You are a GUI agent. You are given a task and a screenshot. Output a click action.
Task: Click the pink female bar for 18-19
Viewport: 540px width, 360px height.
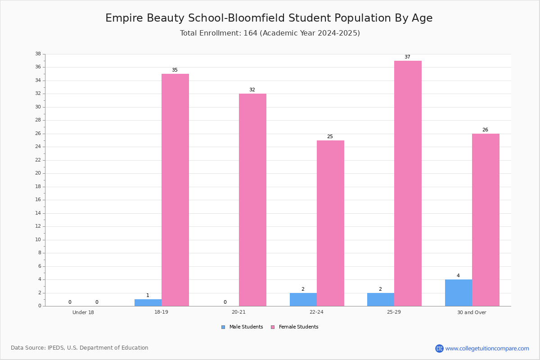(175, 190)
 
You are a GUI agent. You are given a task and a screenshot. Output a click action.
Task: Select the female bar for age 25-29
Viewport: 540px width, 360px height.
(408, 184)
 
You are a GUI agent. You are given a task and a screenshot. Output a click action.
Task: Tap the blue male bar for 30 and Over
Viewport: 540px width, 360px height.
(459, 293)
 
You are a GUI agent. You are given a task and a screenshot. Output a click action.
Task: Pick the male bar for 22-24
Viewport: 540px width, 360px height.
(303, 300)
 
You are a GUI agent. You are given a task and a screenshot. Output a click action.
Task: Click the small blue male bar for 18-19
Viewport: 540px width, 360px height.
(148, 303)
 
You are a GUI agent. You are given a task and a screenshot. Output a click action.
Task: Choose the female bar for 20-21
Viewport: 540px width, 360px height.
(252, 200)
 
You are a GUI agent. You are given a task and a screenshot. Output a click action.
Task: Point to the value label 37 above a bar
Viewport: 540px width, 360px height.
(407, 57)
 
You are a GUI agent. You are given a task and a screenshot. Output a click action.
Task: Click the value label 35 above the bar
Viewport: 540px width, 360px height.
(175, 70)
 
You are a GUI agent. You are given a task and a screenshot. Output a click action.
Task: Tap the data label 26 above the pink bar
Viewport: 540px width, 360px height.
(485, 130)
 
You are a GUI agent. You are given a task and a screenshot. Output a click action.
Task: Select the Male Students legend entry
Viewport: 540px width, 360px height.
(242, 327)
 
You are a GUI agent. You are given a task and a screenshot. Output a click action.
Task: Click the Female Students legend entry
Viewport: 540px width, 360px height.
(295, 327)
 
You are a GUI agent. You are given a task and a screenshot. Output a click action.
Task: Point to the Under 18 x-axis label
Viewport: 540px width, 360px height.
(83, 312)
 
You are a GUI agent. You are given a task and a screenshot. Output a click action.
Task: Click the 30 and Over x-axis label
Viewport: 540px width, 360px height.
(472, 312)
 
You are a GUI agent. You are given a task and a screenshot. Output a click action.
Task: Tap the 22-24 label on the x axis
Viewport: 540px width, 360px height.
(316, 312)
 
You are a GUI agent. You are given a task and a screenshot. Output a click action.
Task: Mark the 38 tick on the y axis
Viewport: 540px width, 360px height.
(38, 54)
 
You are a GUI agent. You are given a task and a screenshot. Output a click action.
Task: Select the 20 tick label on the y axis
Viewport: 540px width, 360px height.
(38, 173)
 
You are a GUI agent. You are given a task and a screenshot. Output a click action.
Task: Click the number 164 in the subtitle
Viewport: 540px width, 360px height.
(251, 33)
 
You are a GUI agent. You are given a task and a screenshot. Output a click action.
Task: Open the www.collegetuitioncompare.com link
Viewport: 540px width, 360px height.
(487, 348)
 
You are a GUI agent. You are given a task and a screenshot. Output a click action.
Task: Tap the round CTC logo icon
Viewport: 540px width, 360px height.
(439, 348)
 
